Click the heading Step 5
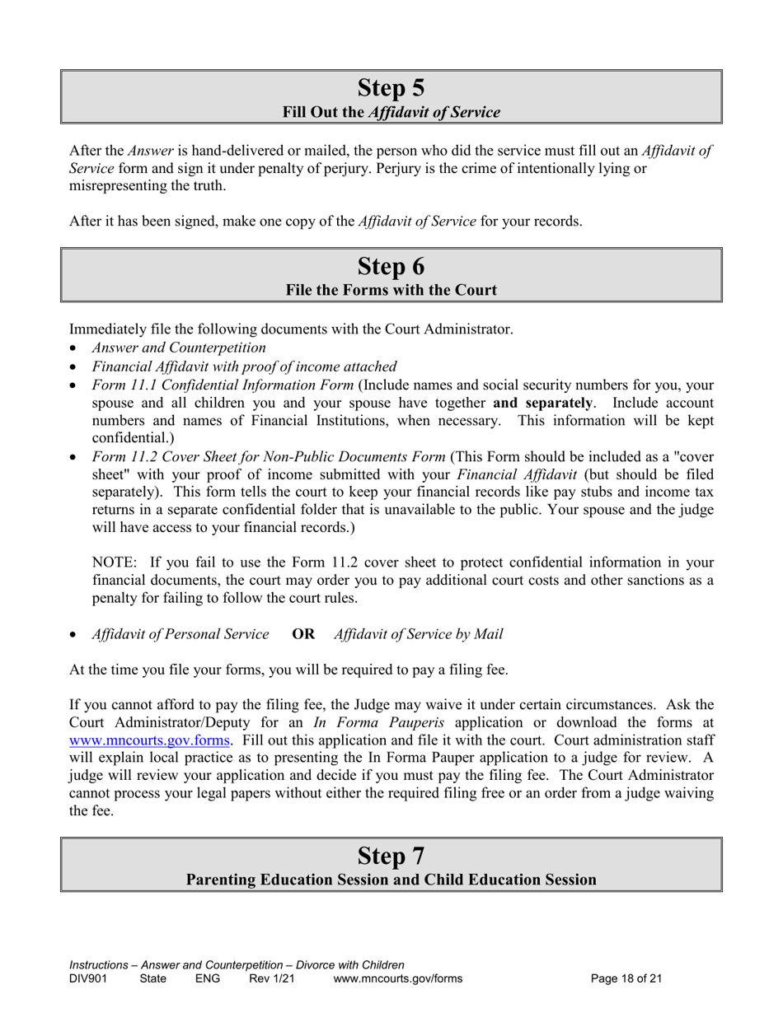(391, 87)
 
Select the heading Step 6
(391, 266)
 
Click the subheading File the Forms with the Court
(391, 290)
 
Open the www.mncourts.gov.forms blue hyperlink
(149, 740)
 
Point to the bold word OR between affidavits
(303, 634)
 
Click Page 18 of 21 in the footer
(626, 979)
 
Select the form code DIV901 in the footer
(88, 979)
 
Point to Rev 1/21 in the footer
(271, 979)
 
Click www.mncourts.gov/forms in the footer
(397, 979)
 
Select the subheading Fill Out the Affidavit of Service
(391, 112)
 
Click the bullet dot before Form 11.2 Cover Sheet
(74, 457)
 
